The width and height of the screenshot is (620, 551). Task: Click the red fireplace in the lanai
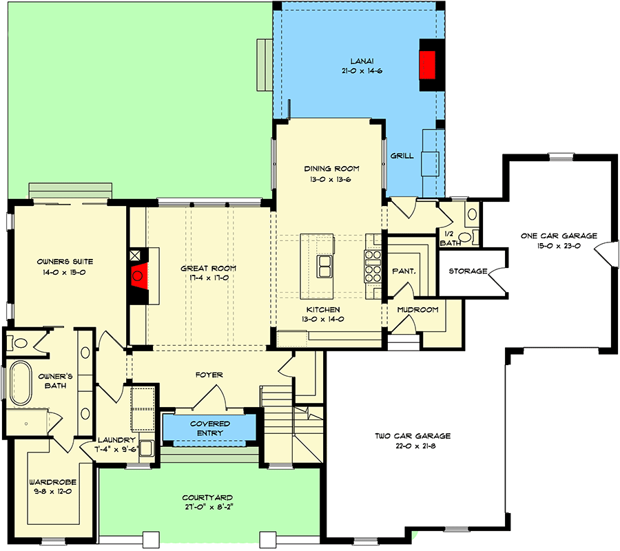[430, 65]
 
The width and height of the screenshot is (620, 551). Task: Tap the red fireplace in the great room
[138, 277]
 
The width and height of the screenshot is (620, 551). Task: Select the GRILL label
[402, 156]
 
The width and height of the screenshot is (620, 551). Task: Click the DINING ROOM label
[332, 169]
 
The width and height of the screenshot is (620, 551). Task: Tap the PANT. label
[404, 271]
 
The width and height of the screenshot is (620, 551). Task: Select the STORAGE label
[468, 271]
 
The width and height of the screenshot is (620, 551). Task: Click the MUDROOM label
[417, 310]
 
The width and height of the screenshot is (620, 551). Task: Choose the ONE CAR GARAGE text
[559, 236]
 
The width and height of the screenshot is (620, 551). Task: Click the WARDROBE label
[52, 483]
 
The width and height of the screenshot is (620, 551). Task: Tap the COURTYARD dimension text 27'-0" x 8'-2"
[207, 508]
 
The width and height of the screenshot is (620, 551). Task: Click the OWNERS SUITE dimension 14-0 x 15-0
[66, 273]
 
